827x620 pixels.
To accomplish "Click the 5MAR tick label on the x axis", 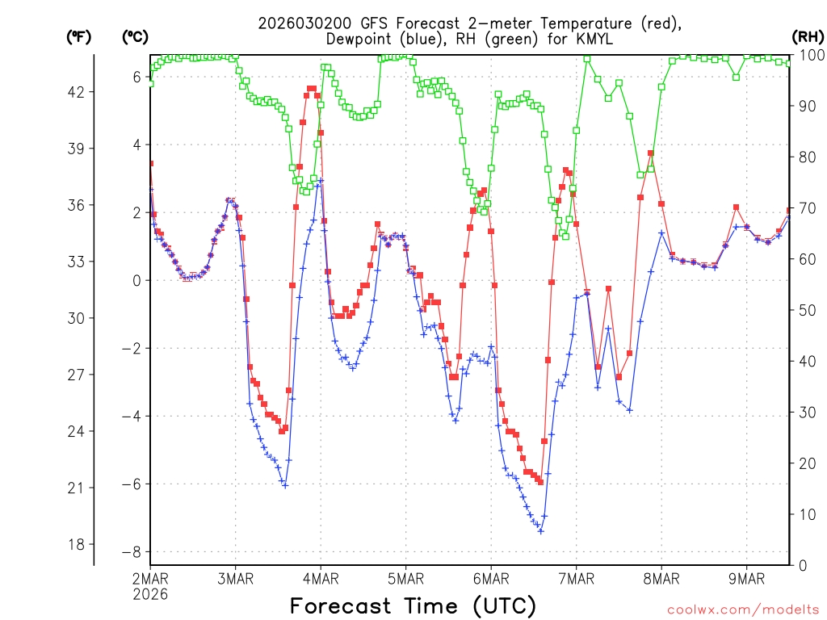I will click(x=405, y=578).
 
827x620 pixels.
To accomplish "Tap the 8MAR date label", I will click(x=661, y=578).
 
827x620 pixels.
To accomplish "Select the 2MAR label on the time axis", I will click(x=150, y=578).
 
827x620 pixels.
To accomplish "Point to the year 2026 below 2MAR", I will click(x=150, y=593).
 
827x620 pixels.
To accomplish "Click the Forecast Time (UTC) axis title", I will click(x=413, y=605).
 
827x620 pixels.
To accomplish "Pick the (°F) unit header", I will click(x=78, y=36).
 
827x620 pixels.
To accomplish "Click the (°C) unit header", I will click(x=135, y=36).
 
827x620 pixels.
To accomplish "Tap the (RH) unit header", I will click(x=808, y=36).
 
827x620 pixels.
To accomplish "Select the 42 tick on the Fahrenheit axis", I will click(x=76, y=92).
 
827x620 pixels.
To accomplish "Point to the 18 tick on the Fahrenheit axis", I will click(x=76, y=544).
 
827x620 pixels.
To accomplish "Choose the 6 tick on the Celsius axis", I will click(x=136, y=77).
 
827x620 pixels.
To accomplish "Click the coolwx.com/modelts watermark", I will click(x=742, y=609).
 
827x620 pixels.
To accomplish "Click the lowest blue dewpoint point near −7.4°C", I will click(x=540, y=530).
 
